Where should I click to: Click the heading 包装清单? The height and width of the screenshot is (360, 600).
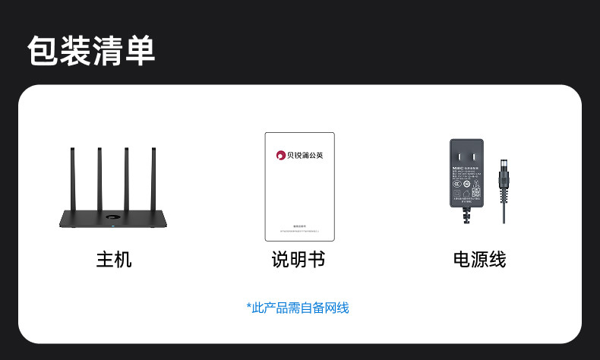[91, 51]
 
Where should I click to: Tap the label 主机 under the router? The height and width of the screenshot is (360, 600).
[114, 260]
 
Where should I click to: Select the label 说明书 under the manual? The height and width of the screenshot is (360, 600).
[298, 260]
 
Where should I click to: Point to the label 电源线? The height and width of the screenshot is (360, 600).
[479, 260]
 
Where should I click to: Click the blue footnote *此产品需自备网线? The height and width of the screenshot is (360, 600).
[298, 308]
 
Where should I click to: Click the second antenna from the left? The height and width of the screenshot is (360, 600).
[99, 178]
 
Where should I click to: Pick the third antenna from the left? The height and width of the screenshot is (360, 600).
[127, 178]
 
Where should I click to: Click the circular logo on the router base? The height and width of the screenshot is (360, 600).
[112, 219]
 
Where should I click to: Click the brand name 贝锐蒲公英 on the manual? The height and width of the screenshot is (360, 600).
[305, 156]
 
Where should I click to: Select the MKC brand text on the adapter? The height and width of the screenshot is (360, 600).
[457, 169]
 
